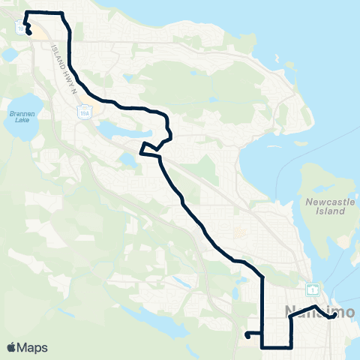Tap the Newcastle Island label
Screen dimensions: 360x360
pyautogui.click(x=325, y=206)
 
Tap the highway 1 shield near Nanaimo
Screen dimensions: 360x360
pyautogui.click(x=313, y=289)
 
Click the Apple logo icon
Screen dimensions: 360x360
pyautogui.click(x=11, y=347)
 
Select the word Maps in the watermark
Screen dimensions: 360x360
pyautogui.click(x=33, y=347)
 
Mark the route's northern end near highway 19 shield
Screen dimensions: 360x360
pyautogui.click(x=28, y=32)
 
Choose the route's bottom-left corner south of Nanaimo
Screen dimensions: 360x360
pyautogui.click(x=262, y=346)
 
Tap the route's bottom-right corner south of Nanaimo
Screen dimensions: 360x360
pyautogui.click(x=290, y=346)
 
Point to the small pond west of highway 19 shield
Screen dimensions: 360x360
pyautogui.click(x=8, y=55)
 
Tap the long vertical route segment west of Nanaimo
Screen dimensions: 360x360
pyautogui.click(x=262, y=307)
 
